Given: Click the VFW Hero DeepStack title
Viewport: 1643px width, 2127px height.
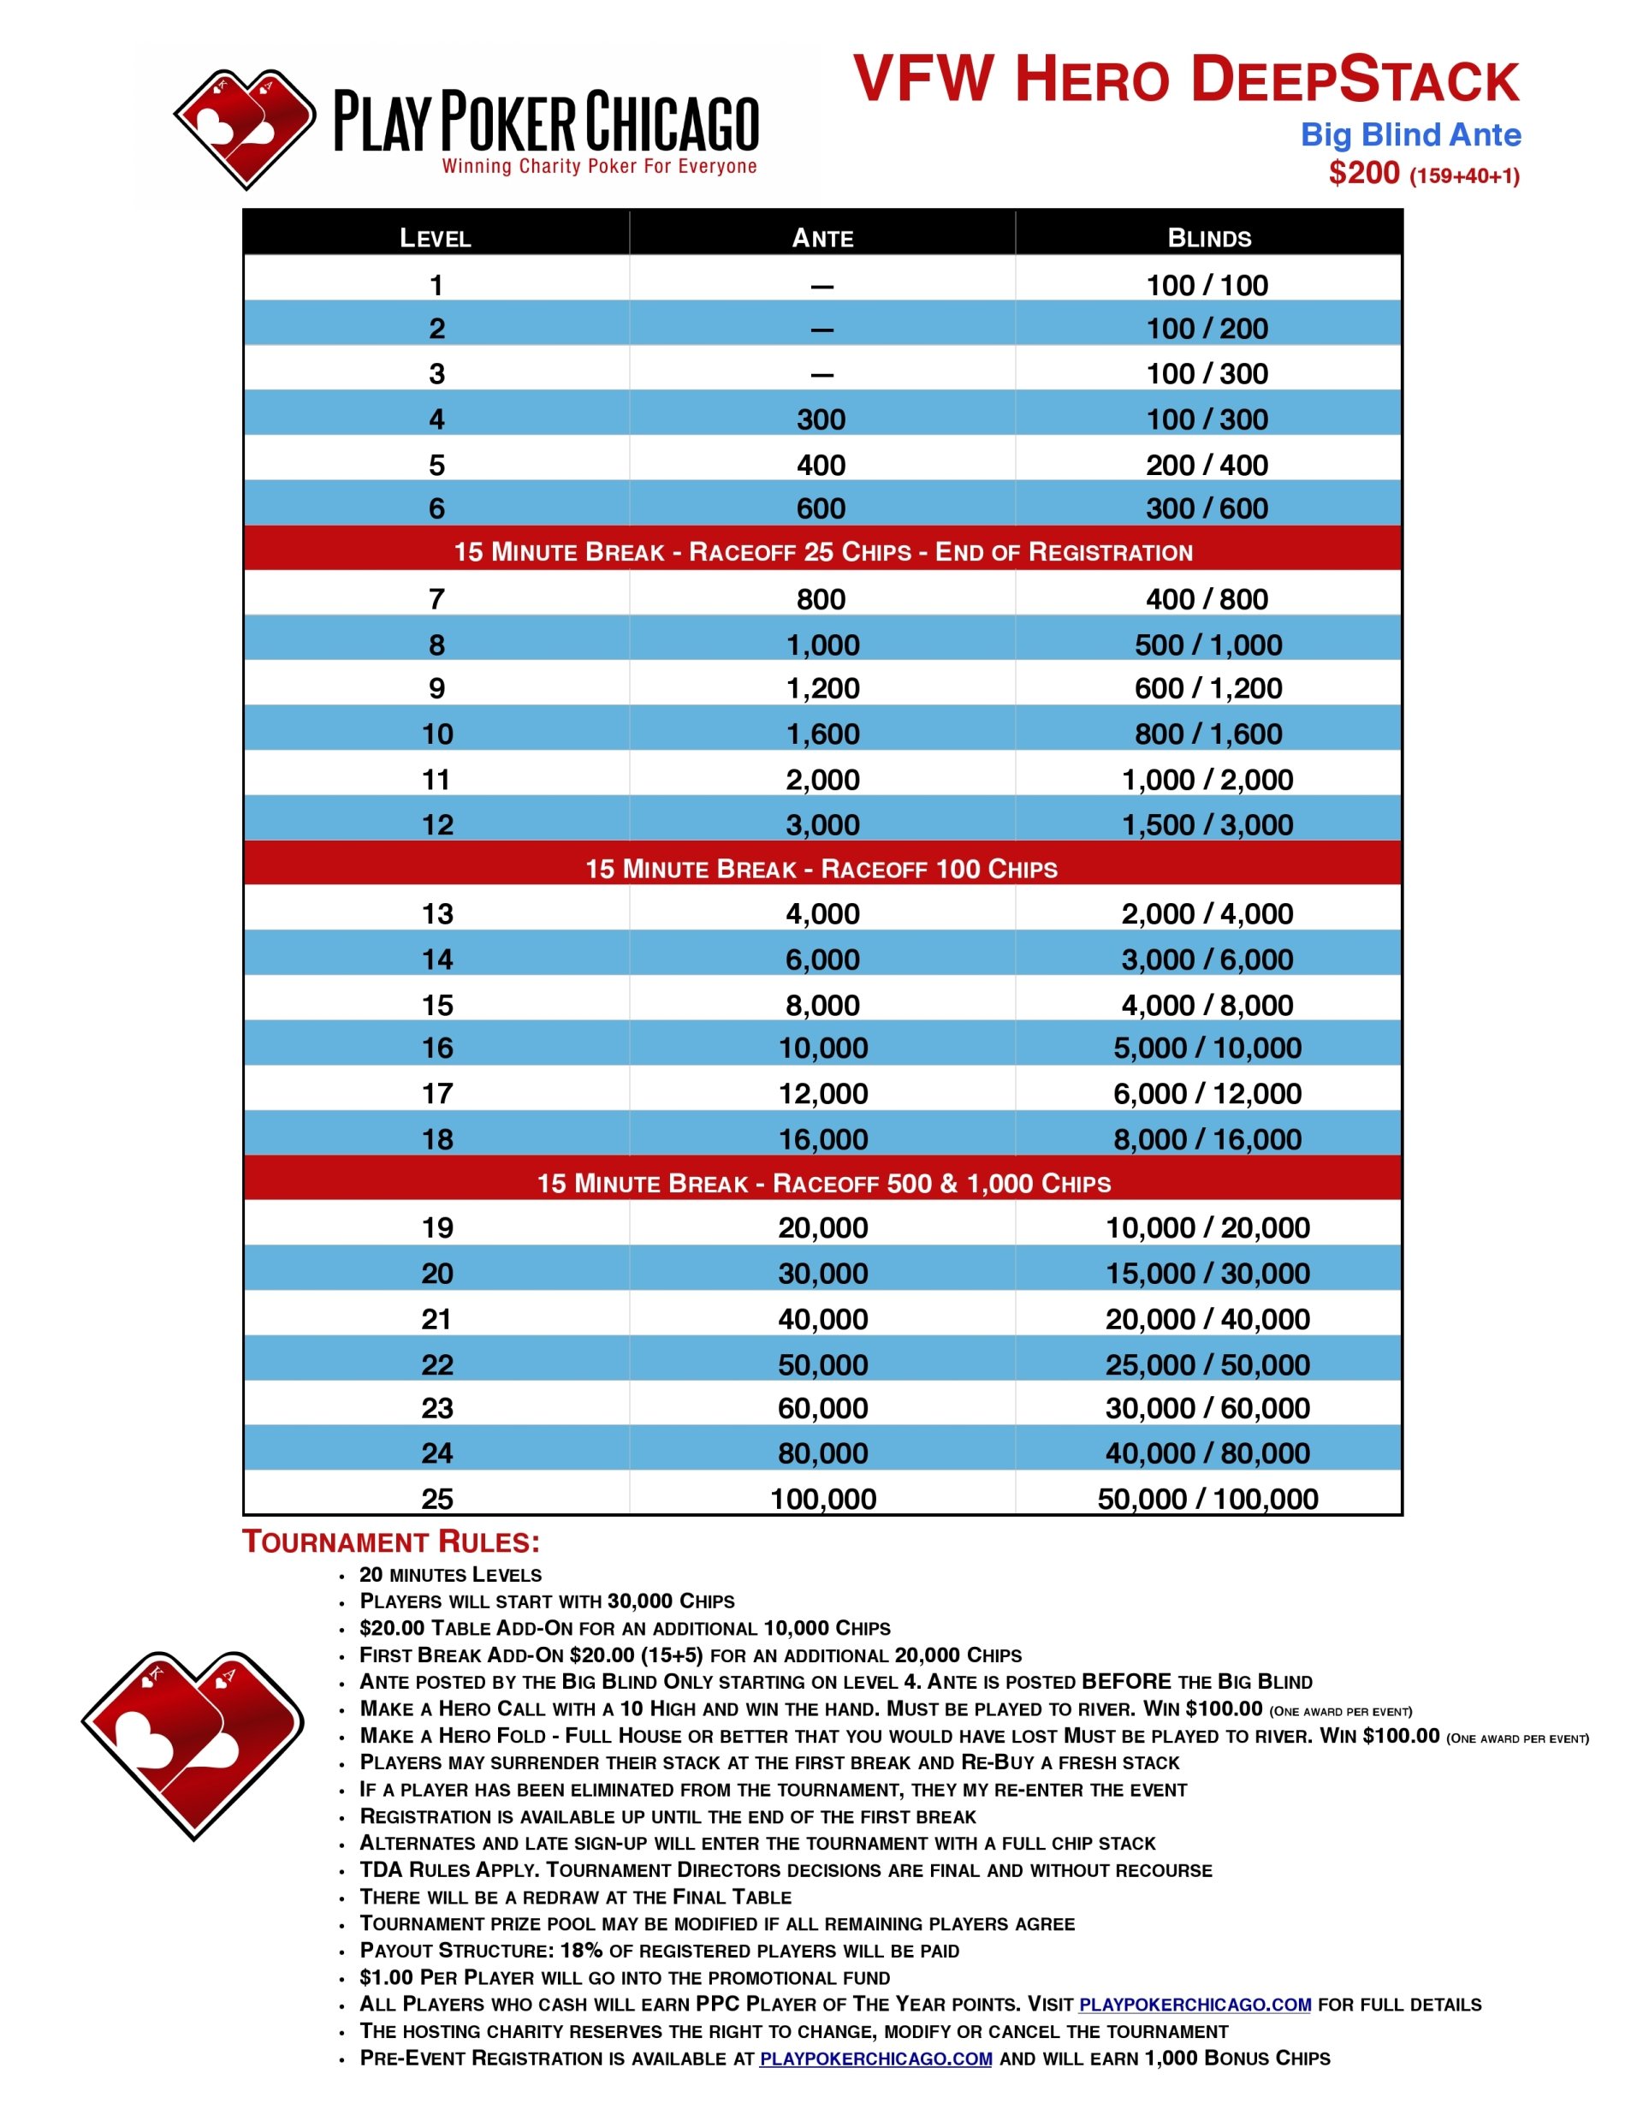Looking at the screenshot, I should coord(1185,80).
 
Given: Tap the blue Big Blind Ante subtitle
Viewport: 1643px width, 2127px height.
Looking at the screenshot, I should coord(1409,134).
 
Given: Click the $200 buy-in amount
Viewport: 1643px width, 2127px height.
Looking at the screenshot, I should coord(1363,174).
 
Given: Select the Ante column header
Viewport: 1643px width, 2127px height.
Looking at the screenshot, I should coord(822,238).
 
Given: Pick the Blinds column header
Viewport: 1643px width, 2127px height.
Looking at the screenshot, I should coord(1208,238).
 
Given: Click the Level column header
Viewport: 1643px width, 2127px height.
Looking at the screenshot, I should coord(436,238).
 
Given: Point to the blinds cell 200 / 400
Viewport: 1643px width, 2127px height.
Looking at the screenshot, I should coord(1207,465).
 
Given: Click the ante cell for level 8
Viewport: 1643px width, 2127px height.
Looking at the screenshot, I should coord(822,645).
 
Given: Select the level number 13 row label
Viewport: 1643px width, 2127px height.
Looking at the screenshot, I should coord(437,913).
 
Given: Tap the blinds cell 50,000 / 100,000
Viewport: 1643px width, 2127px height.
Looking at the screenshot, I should coord(1207,1498).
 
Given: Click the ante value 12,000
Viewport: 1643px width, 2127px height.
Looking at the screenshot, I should coord(822,1094).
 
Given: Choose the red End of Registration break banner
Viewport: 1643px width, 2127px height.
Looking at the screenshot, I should coord(822,552).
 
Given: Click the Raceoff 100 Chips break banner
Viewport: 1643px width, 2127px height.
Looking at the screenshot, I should coord(821,869).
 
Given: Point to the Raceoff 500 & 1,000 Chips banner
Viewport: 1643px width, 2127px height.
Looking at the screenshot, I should coord(823,1183).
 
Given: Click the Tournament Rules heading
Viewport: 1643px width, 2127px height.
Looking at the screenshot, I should coord(390,1542).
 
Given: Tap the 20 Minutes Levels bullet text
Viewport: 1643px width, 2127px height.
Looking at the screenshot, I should coord(450,1575).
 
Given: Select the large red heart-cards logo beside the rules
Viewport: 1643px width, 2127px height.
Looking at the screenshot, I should coord(193,1744).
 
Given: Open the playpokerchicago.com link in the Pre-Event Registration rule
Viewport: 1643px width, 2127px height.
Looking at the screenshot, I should coord(875,2058).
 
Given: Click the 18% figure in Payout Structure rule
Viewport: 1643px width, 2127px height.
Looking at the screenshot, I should coord(580,1950).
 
